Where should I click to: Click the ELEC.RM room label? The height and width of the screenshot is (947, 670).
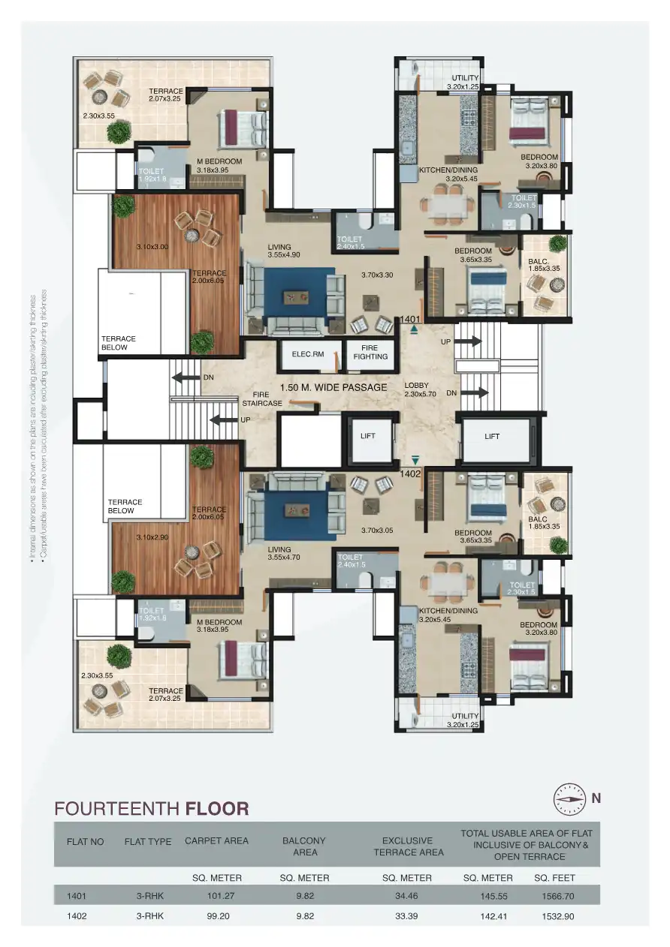pos(307,353)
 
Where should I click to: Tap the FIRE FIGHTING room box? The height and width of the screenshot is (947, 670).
pos(370,352)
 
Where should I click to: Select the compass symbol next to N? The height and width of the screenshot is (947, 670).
pos(569,799)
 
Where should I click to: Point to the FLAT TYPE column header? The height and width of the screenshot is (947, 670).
pos(148,841)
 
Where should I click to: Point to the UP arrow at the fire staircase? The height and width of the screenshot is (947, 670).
pos(223,419)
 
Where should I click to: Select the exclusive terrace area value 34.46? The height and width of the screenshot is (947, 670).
pos(407,895)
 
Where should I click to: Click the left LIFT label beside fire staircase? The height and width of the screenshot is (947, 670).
pos(367,435)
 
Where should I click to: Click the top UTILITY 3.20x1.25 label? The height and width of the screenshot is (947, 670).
pos(464,83)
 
